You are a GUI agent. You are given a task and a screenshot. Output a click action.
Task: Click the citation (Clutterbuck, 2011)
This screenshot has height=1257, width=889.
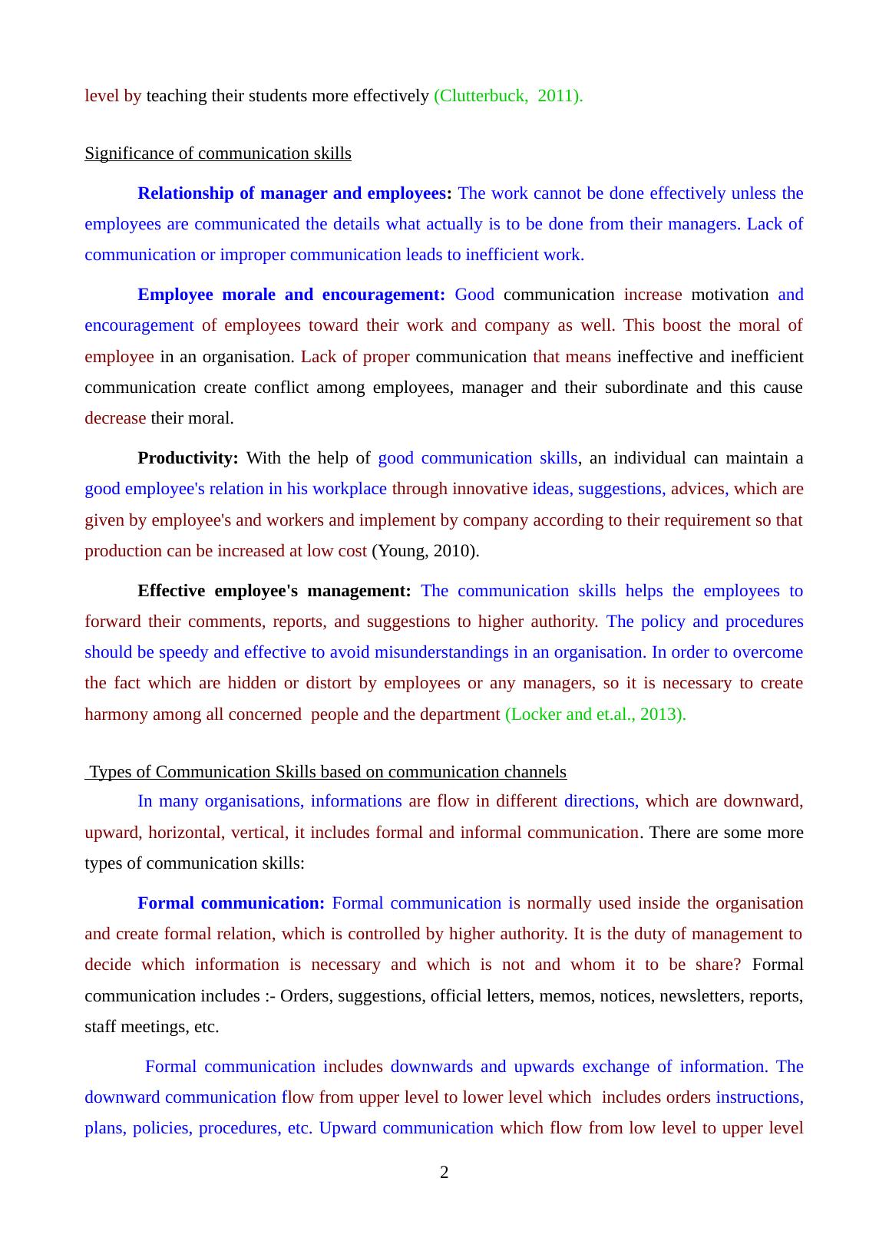click(x=508, y=96)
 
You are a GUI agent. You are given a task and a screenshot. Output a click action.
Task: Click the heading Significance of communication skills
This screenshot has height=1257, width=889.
click(x=218, y=153)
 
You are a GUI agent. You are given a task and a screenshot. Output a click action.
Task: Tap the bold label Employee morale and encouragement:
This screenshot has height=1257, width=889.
click(x=291, y=295)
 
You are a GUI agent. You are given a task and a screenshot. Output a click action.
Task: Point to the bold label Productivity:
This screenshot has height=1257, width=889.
click(x=188, y=458)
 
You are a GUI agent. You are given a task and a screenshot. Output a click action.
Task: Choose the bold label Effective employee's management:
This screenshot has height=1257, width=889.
click(x=274, y=591)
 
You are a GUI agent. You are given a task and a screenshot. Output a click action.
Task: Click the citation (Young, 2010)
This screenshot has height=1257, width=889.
click(x=425, y=551)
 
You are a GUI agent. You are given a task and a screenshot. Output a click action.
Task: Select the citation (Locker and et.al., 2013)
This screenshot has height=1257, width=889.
click(x=595, y=714)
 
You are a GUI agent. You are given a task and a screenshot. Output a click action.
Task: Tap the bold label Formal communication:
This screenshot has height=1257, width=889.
click(x=231, y=903)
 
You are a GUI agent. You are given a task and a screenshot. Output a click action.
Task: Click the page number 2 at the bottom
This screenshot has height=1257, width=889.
click(x=444, y=1173)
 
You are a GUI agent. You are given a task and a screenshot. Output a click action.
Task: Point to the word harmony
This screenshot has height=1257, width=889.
click(x=116, y=714)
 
